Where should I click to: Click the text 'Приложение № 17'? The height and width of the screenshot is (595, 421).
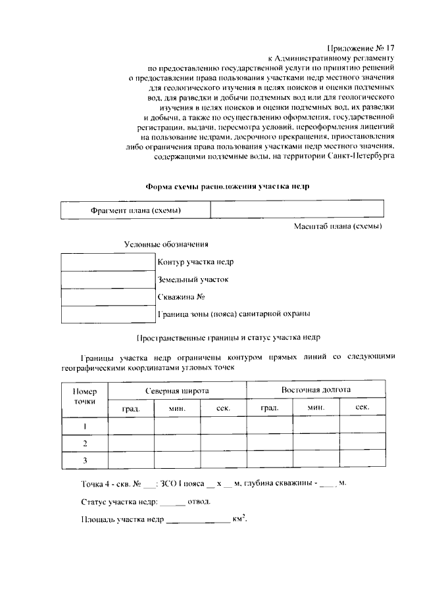(x=360, y=47)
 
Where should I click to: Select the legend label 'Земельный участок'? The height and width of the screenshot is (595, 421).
(x=193, y=279)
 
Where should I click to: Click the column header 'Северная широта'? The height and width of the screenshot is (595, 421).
(x=177, y=391)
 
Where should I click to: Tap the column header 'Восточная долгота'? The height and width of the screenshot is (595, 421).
(x=316, y=390)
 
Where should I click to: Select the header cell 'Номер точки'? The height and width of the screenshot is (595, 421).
(x=85, y=396)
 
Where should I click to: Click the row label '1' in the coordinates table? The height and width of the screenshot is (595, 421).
(x=85, y=426)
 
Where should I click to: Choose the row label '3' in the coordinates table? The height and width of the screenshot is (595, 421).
(x=85, y=461)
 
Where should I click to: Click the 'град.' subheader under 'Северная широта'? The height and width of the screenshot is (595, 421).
(x=131, y=408)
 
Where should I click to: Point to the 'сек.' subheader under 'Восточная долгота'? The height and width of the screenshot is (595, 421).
(x=362, y=408)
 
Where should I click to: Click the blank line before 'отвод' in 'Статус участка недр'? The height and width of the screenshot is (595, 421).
(x=172, y=502)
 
